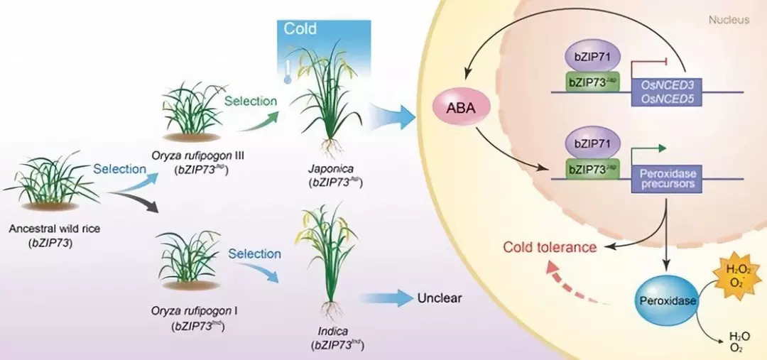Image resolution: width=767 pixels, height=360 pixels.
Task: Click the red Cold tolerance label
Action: pyautogui.click(x=549, y=247)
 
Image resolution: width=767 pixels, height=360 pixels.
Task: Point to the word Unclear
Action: pyautogui.click(x=440, y=298)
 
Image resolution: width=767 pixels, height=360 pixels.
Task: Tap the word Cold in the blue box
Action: pyautogui.click(x=300, y=30)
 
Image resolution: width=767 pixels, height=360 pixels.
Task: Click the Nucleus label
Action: pyautogui.click(x=729, y=20)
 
